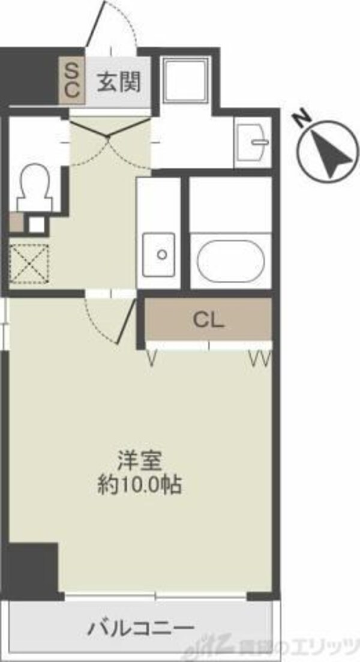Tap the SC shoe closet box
(71, 81)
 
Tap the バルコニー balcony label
(142, 628)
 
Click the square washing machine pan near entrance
(185, 80)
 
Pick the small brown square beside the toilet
(16, 223)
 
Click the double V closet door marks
(260, 360)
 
